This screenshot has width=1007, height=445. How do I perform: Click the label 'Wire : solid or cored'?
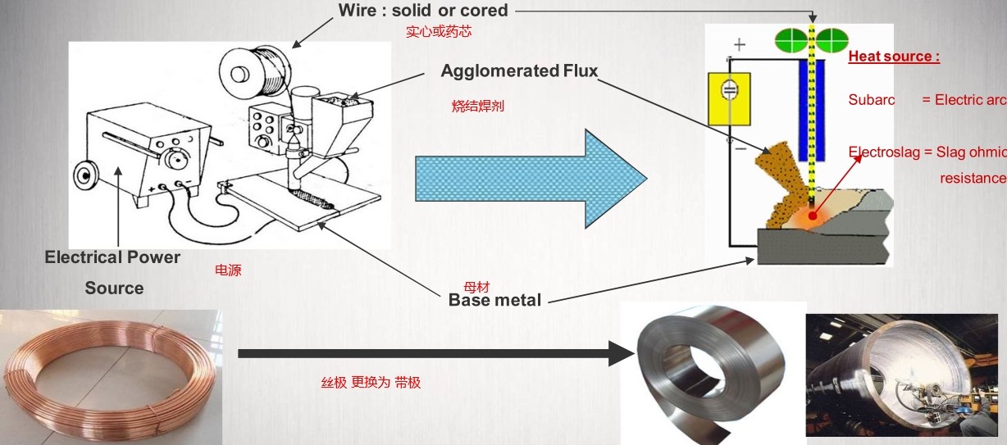(x=423, y=11)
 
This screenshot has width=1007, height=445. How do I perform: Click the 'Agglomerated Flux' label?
(x=519, y=71)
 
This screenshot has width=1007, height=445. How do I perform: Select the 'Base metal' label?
(x=494, y=300)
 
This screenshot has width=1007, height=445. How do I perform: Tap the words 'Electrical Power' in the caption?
(x=112, y=257)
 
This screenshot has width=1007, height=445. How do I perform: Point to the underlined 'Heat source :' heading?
(x=894, y=57)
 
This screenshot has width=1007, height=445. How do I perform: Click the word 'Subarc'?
(x=871, y=100)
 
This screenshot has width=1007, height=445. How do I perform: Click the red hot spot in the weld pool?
(x=813, y=216)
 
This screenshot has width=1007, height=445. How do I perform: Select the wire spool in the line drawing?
(x=260, y=68)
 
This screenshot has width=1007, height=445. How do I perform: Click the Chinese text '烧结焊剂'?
(x=477, y=106)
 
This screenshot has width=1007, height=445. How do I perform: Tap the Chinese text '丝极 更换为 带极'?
(x=370, y=382)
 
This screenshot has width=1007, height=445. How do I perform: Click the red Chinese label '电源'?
(x=228, y=270)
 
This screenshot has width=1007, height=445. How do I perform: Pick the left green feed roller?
(x=791, y=39)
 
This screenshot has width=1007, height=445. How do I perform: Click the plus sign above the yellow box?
(x=740, y=44)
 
